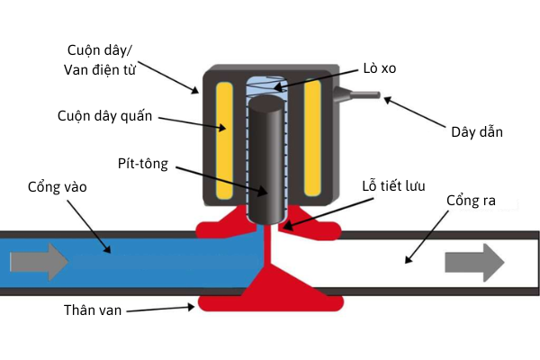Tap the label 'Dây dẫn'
pyautogui.click(x=476, y=132)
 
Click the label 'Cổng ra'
pyautogui.click(x=471, y=199)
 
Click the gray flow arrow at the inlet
pyautogui.click(x=39, y=262)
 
